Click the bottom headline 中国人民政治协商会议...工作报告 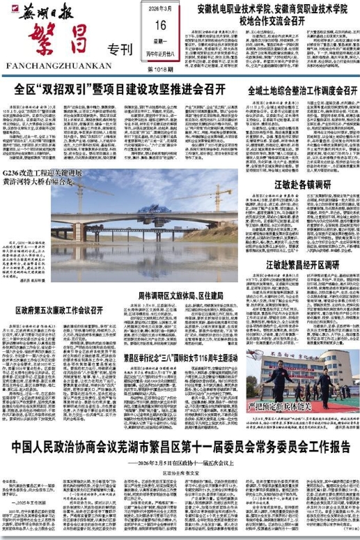pos(180,447)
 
